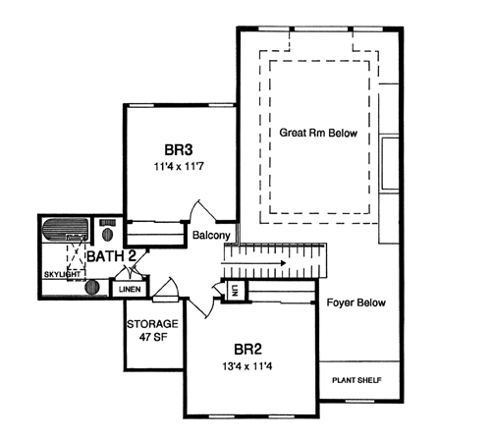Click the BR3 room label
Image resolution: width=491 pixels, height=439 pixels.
pos(179,150)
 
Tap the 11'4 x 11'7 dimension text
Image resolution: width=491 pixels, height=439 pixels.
pos(179,167)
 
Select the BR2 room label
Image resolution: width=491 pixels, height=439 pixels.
pos(247,350)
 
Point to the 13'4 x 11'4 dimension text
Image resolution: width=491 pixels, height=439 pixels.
pos(247,366)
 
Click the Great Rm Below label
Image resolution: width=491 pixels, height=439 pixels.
pos(318,133)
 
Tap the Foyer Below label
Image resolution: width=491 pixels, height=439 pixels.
pos(356,302)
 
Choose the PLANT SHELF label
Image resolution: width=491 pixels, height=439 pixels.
pos(356,380)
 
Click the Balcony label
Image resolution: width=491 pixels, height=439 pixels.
pos(211,235)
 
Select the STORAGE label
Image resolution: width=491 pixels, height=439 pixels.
pos(152,324)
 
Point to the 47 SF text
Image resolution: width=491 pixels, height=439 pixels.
pos(153,337)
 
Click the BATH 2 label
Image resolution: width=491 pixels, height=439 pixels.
pos(111,256)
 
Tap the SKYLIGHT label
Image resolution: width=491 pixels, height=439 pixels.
pos(62,274)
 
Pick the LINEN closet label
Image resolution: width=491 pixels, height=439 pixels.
pos(130,290)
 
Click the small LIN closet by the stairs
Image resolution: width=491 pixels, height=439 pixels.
pos(234,291)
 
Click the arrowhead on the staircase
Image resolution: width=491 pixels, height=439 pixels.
pos(282,262)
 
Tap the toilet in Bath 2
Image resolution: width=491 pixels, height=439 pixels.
pos(107,231)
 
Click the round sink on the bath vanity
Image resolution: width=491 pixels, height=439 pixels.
pos(92,288)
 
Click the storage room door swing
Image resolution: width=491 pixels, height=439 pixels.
pos(166,288)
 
